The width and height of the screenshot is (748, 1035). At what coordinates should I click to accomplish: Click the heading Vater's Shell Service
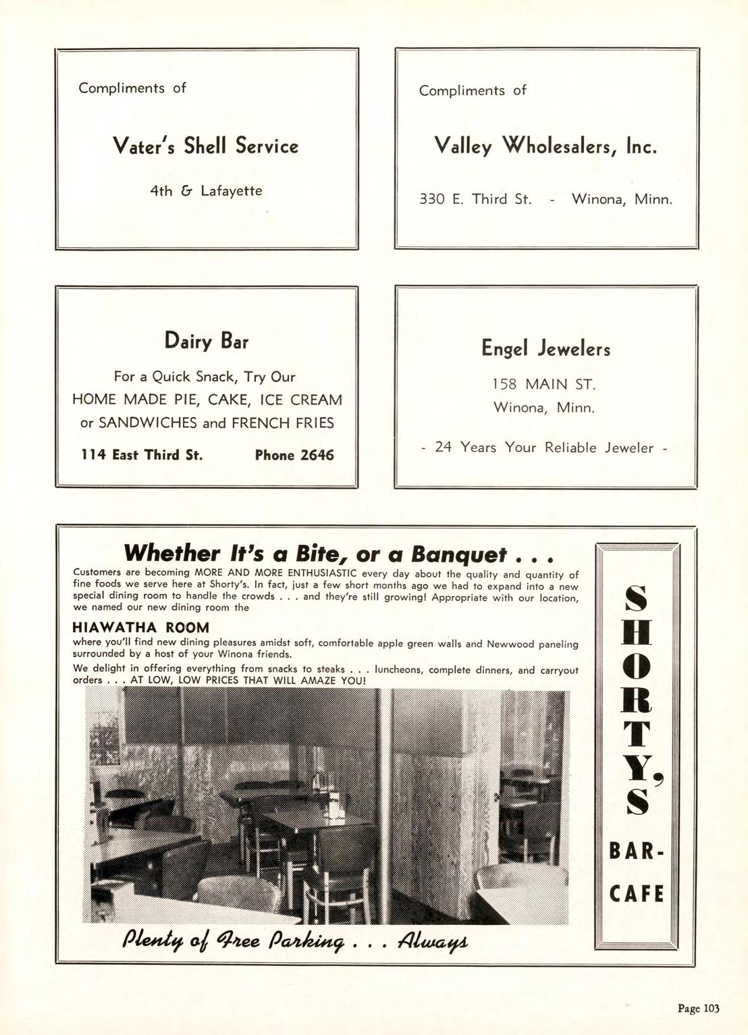[205, 146]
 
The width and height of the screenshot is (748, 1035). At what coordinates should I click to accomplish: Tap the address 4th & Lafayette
[205, 191]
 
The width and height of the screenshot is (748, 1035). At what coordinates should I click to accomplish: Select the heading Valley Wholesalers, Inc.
[545, 146]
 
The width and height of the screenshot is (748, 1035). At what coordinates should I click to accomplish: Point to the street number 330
[432, 199]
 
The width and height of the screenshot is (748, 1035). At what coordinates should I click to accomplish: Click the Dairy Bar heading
[206, 340]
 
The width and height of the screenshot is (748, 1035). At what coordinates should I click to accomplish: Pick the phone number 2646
[317, 455]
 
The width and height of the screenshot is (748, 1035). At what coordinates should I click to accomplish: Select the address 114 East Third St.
[141, 455]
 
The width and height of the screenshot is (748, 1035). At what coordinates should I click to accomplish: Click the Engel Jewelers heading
[545, 348]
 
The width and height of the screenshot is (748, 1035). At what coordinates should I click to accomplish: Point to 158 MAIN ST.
[544, 385]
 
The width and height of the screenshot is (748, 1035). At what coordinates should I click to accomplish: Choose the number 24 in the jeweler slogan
[444, 447]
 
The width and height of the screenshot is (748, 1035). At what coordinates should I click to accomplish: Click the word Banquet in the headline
[458, 554]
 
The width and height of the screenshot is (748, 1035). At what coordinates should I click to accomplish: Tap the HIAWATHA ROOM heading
[140, 627]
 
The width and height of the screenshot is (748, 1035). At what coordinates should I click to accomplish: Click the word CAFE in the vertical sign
[637, 894]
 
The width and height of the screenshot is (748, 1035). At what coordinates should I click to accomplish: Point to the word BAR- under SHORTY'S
[637, 852]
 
